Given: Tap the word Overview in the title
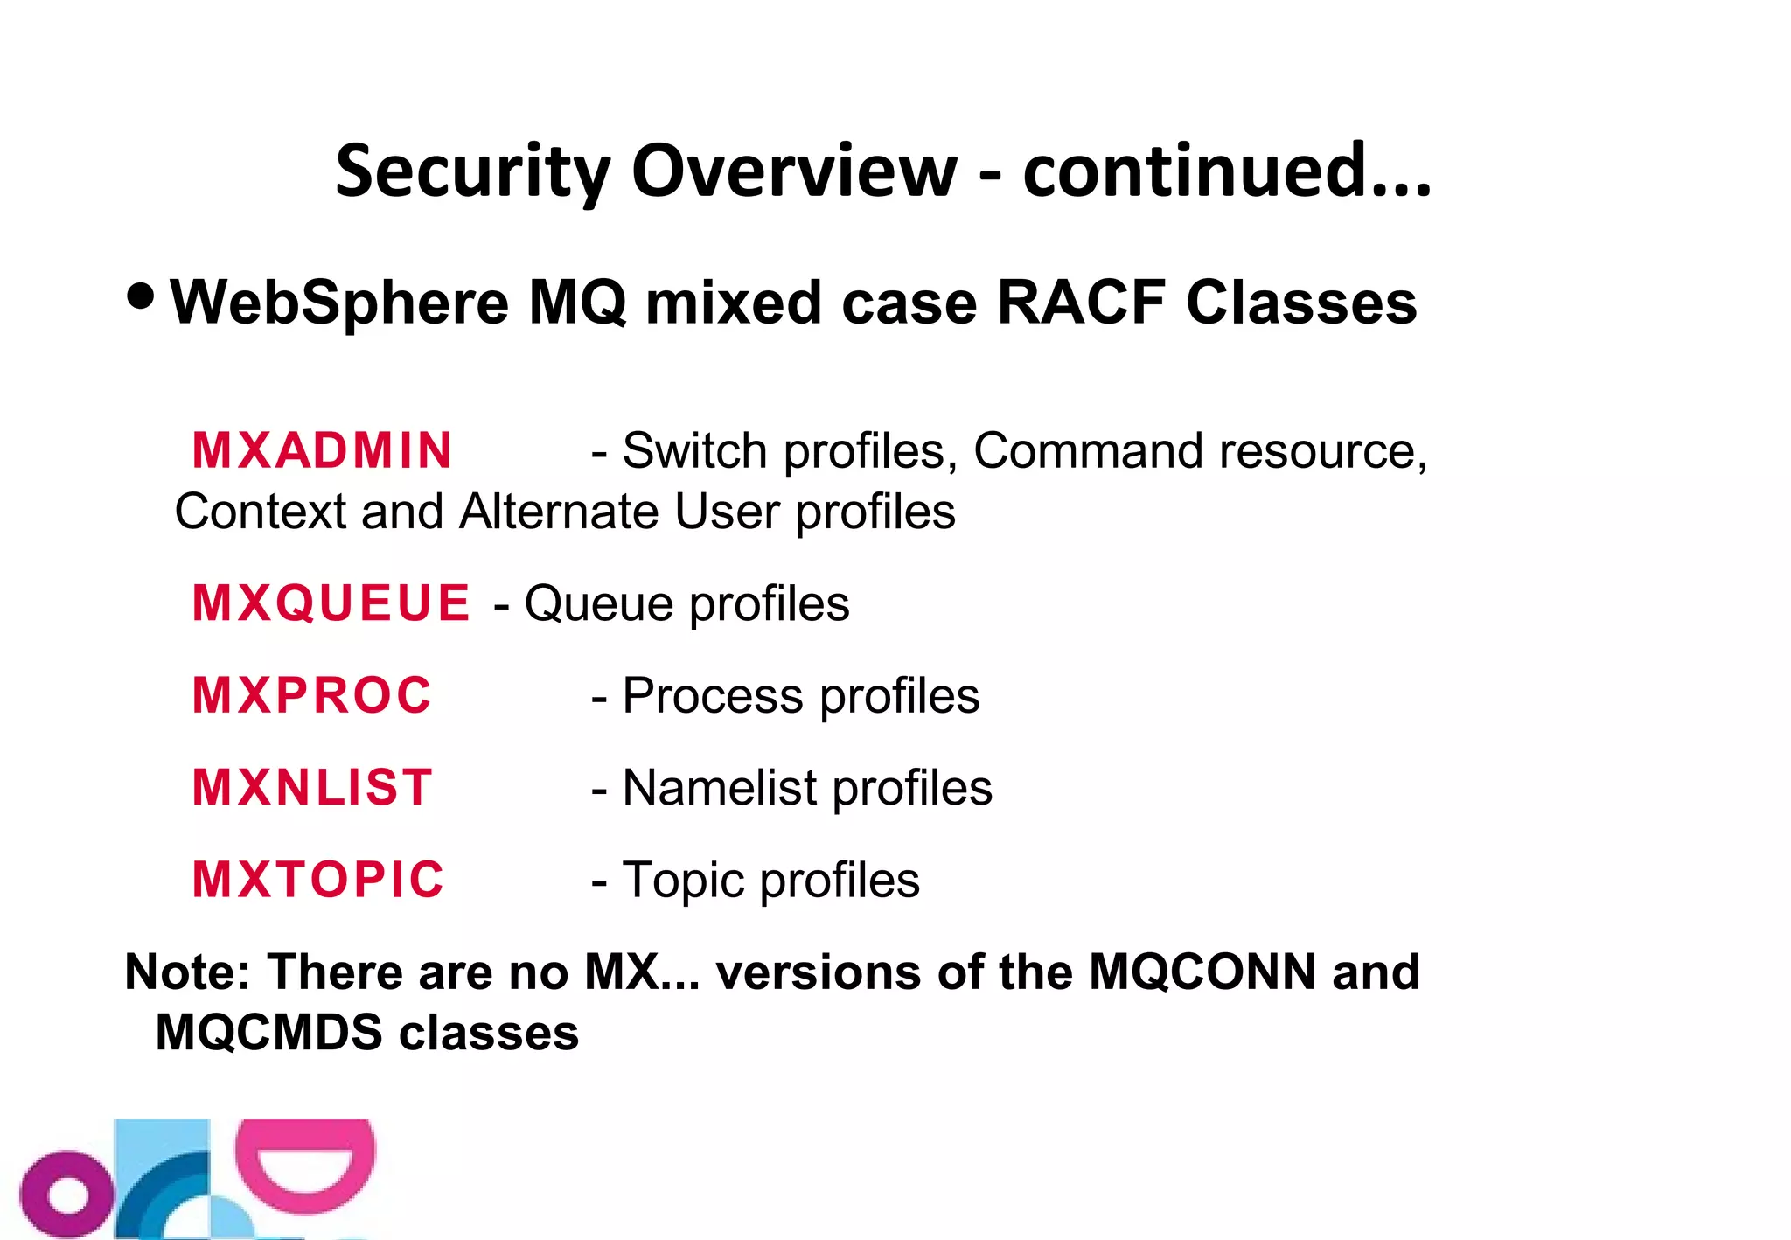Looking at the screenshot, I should click(x=793, y=171).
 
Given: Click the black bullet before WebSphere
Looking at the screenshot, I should click(x=140, y=296).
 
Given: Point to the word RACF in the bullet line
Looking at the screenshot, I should click(x=1081, y=303).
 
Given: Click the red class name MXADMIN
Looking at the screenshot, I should click(x=322, y=451).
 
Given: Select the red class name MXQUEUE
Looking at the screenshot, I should click(x=331, y=603).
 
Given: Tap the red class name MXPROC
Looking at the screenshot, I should click(x=312, y=696).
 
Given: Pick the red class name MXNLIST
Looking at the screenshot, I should click(x=312, y=788).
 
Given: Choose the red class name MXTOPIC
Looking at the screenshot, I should click(x=318, y=880).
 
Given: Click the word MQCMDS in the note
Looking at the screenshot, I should click(x=268, y=1033).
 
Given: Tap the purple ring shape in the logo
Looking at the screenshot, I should click(x=66, y=1195).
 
